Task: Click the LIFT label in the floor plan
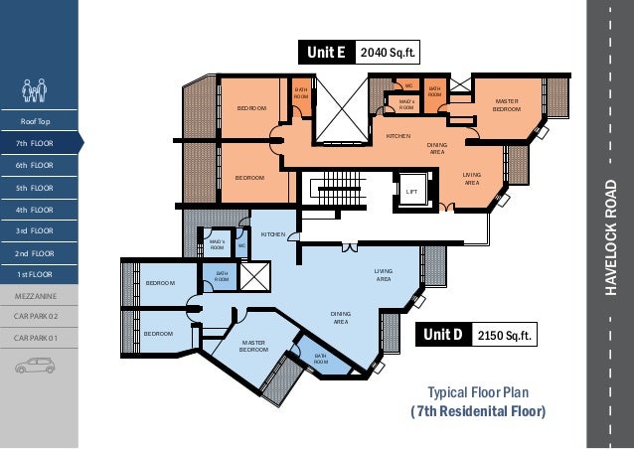point(411,192)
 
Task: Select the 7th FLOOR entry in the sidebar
point(35,143)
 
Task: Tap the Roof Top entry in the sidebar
point(35,121)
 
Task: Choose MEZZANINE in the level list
point(36,296)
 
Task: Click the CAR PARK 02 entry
point(36,316)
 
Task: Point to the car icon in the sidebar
point(35,366)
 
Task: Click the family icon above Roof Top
point(35,90)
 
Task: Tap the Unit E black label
point(327,52)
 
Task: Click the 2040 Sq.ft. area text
point(388,53)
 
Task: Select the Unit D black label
point(443,334)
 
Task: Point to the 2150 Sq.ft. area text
point(504,335)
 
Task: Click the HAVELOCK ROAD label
point(611,237)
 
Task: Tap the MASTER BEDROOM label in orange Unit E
point(507,105)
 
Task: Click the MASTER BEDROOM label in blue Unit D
point(254,346)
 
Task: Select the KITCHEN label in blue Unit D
point(273,234)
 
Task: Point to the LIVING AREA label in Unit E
point(472,179)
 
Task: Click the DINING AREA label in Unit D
point(341,318)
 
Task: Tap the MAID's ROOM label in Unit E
point(406,104)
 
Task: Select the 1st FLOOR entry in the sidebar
point(35,274)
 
